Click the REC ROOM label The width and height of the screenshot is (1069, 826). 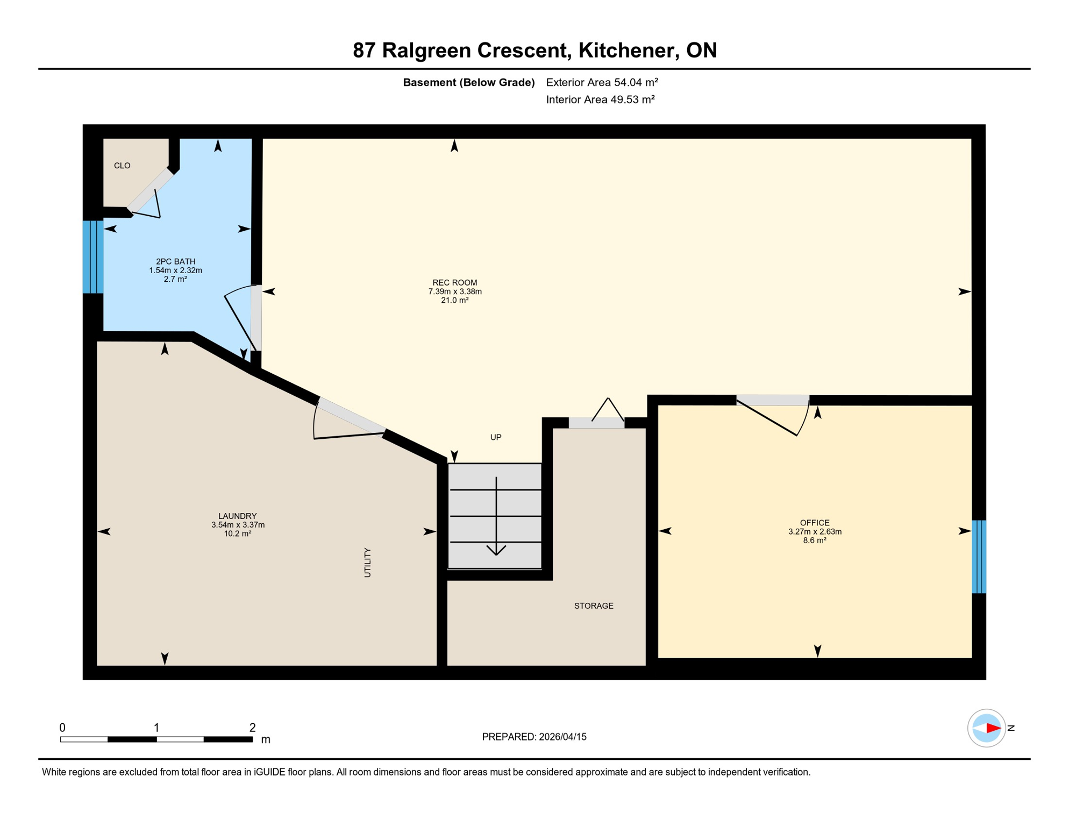click(454, 283)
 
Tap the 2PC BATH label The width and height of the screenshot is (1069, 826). click(175, 262)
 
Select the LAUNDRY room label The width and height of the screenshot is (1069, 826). click(237, 516)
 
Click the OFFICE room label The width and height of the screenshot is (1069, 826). click(814, 523)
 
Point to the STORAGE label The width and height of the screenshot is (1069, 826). click(593, 606)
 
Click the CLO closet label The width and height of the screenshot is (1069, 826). click(122, 166)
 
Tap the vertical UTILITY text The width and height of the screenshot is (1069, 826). click(367, 562)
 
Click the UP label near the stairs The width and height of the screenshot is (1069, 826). click(495, 437)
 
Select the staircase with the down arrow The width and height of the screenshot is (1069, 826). click(495, 516)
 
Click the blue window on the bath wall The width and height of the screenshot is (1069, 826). click(93, 257)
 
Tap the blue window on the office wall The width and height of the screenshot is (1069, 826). click(978, 557)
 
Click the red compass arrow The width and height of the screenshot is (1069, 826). click(993, 728)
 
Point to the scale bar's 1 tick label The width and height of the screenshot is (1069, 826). click(156, 728)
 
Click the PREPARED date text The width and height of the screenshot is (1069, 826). click(534, 737)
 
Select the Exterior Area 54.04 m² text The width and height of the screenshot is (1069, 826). click(601, 82)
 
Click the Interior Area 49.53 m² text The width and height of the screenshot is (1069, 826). click(600, 99)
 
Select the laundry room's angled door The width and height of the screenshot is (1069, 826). click(351, 415)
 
